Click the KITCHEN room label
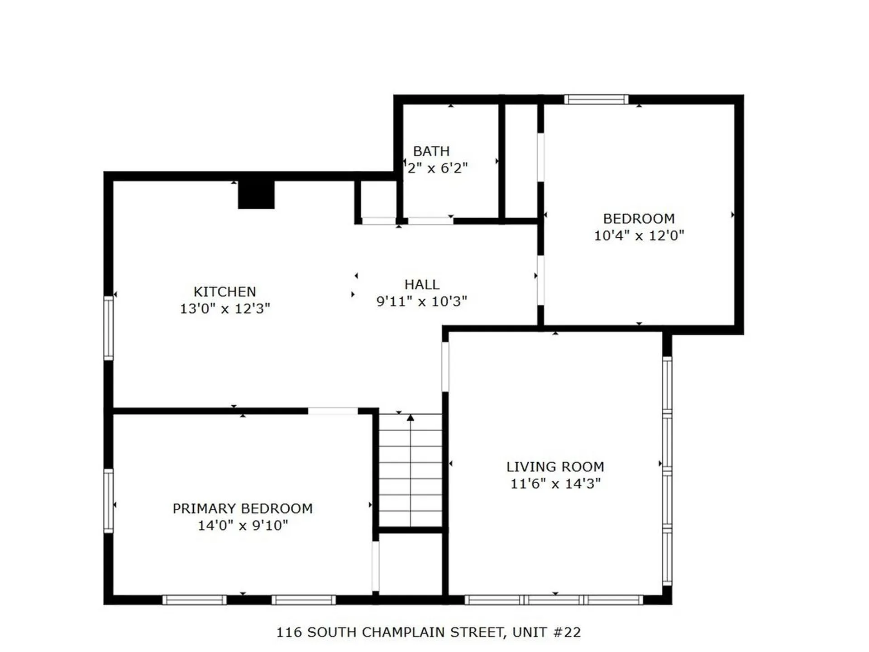pyautogui.click(x=224, y=292)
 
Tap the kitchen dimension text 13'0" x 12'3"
pyautogui.click(x=225, y=309)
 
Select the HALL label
pyautogui.click(x=421, y=284)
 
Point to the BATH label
pyautogui.click(x=431, y=151)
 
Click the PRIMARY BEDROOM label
pyautogui.click(x=243, y=508)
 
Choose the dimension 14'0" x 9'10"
pyautogui.click(x=243, y=526)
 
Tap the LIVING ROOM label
pyautogui.click(x=555, y=467)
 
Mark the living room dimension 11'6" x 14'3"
pyautogui.click(x=555, y=484)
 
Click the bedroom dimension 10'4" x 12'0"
pyautogui.click(x=639, y=235)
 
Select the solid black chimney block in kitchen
pyautogui.click(x=256, y=195)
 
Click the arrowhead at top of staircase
pyautogui.click(x=410, y=418)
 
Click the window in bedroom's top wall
pyautogui.click(x=596, y=99)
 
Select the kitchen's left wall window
pyautogui.click(x=109, y=328)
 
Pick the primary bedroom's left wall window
pyautogui.click(x=109, y=501)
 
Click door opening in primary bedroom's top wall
pyautogui.click(x=333, y=411)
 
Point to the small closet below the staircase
pyautogui.click(x=410, y=564)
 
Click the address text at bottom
pyautogui.click(x=428, y=632)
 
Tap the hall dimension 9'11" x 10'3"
pyautogui.click(x=421, y=302)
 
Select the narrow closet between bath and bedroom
pyautogui.click(x=520, y=161)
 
